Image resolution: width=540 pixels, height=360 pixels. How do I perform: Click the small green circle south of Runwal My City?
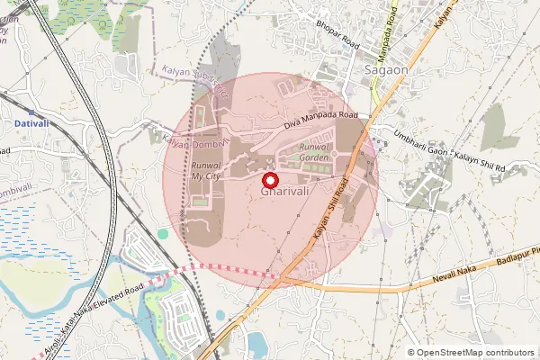click(x=163, y=234)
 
